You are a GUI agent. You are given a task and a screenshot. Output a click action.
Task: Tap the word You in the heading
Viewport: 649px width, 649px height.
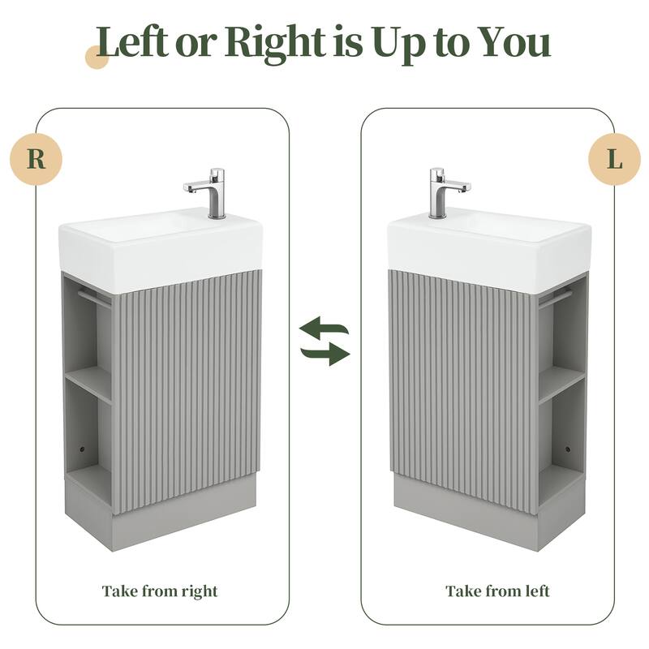pos(509,43)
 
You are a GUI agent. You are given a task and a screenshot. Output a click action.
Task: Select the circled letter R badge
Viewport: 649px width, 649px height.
pos(36,158)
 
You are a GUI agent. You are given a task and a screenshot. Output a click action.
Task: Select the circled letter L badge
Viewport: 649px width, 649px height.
pos(615,158)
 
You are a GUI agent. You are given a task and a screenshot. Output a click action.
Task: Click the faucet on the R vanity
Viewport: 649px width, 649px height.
pos(213,193)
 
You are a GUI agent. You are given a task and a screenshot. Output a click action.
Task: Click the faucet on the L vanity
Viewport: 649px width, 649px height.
pos(441,192)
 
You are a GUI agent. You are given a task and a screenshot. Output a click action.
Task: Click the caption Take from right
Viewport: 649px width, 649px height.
pos(160,591)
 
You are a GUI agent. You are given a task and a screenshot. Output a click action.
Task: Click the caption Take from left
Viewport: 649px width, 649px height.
pos(497,591)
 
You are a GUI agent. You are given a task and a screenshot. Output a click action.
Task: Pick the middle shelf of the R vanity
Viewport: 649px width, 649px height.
pos(88,381)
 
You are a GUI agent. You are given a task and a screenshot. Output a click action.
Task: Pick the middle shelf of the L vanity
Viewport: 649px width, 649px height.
pos(561,381)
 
